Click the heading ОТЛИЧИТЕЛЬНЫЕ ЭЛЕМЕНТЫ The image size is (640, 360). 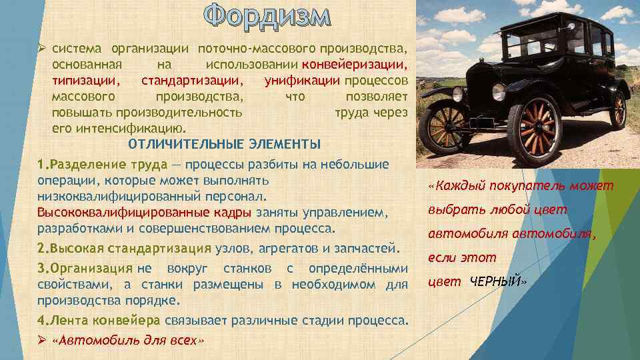point(224,145)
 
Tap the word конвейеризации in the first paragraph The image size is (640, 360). point(354,65)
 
